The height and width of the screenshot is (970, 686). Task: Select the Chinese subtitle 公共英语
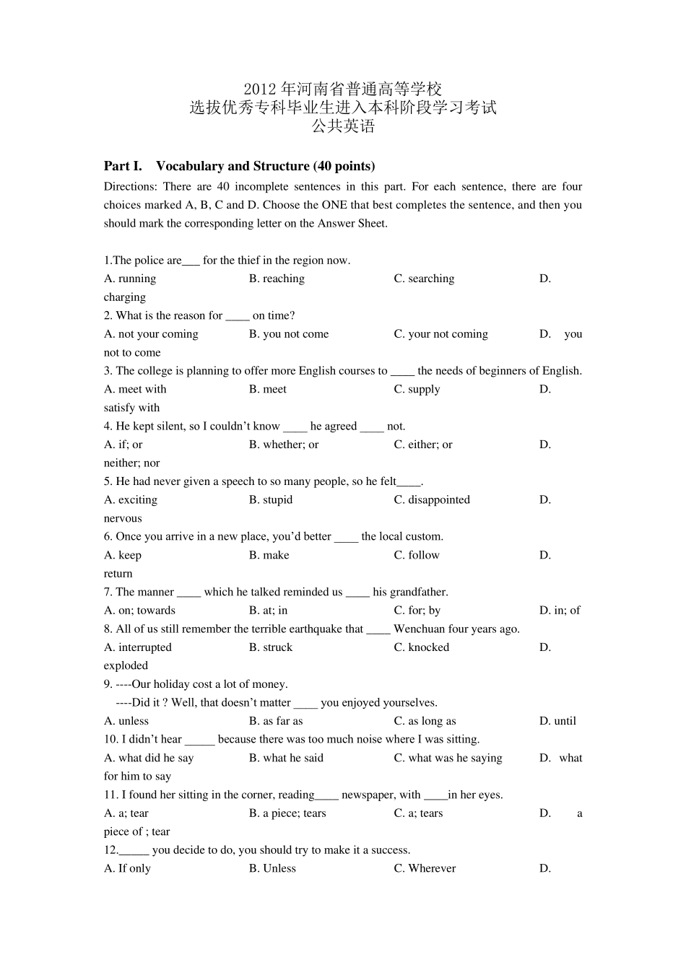[x=343, y=126]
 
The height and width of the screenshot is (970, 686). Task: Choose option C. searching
[x=424, y=279]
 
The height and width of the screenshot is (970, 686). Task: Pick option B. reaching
[x=277, y=279]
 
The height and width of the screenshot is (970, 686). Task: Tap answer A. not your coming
[x=151, y=334]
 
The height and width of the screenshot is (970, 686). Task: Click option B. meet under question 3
[x=268, y=390]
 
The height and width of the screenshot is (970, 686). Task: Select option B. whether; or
[x=284, y=445]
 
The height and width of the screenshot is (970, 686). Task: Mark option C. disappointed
[x=432, y=500]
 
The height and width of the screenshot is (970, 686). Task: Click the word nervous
[x=123, y=519]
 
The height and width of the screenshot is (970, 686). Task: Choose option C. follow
[x=417, y=556]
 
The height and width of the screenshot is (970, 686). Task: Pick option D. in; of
[x=560, y=611]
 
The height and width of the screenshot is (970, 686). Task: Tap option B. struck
[x=271, y=648]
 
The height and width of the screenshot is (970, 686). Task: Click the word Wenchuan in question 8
[x=420, y=629]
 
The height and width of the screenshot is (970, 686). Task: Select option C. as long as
[x=425, y=722]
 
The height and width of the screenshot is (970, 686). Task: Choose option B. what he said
[x=286, y=759]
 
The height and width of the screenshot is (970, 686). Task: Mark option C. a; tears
[x=418, y=814]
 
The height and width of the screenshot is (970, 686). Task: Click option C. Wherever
[x=425, y=869]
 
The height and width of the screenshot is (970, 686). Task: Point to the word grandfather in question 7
[x=420, y=593]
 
